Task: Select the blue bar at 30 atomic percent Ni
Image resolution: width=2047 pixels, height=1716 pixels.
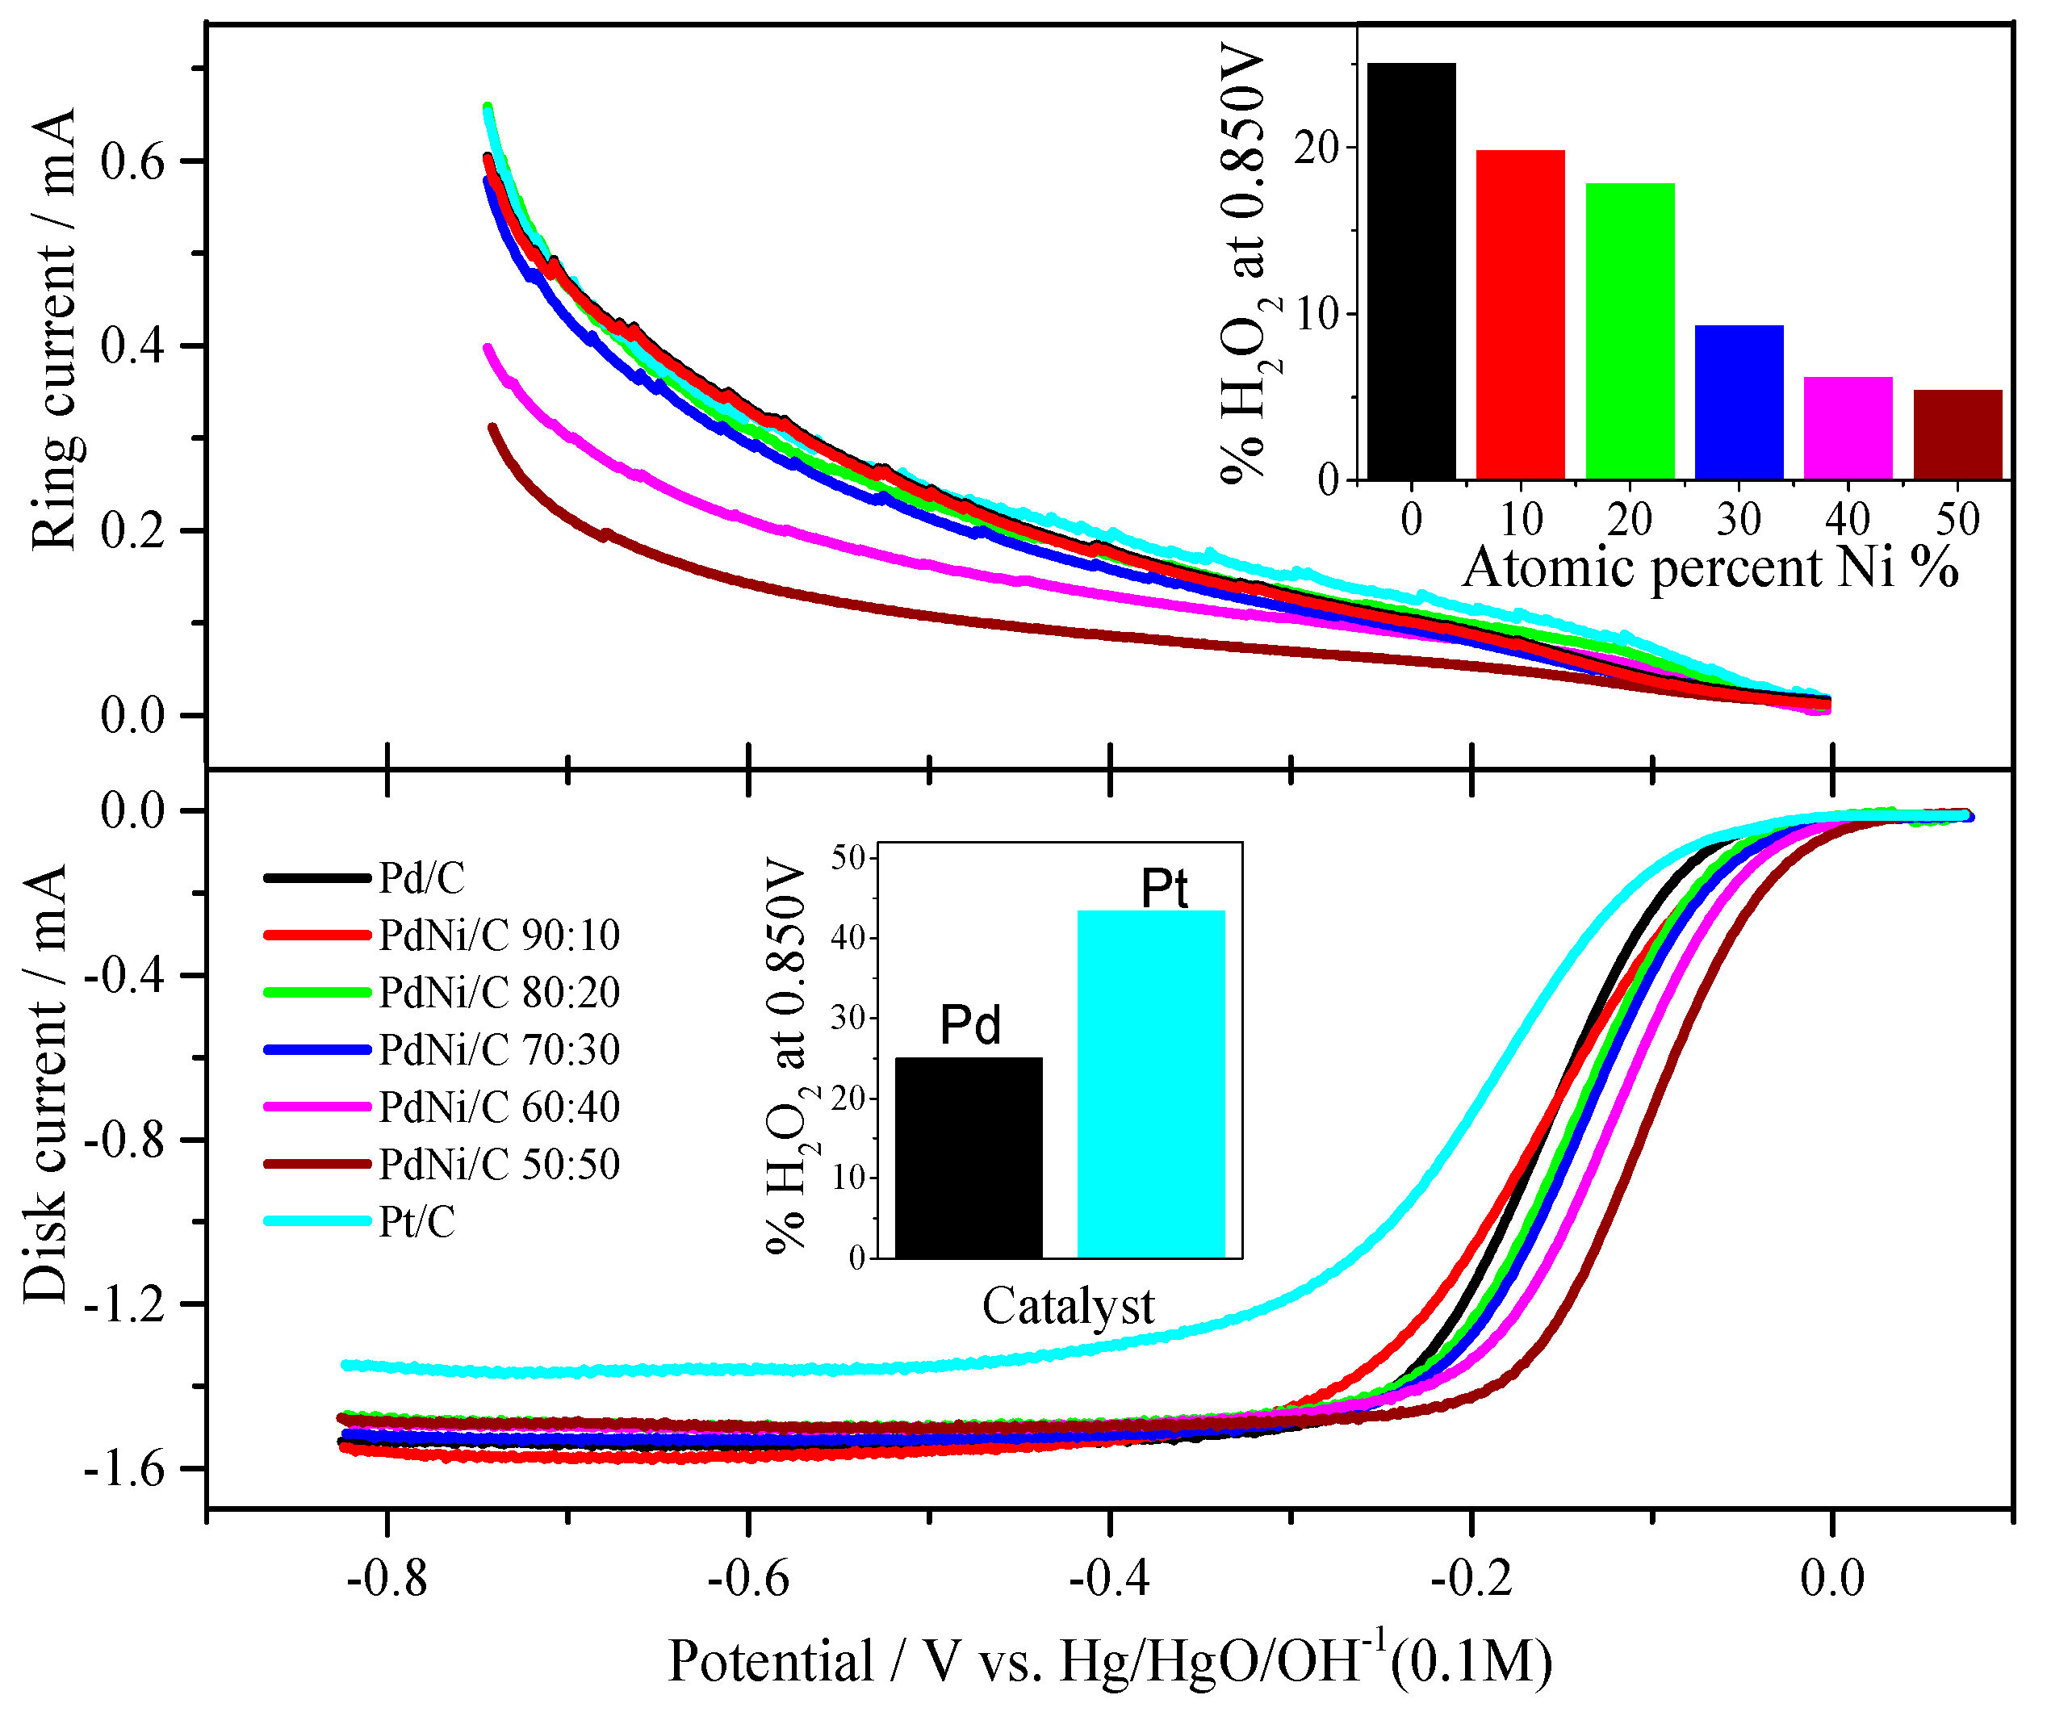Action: [1739, 402]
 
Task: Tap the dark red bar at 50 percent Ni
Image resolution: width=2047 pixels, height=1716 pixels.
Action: [1957, 435]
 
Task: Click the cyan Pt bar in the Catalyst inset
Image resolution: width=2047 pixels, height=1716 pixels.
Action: [1150, 1084]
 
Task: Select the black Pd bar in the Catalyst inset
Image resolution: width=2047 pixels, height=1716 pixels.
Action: [968, 1157]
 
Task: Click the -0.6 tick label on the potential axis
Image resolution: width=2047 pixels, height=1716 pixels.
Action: [747, 1577]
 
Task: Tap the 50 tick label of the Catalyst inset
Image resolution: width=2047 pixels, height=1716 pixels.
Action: [848, 858]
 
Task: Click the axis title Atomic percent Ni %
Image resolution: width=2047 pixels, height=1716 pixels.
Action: [1710, 567]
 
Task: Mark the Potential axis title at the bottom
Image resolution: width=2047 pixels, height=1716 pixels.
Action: [1109, 1663]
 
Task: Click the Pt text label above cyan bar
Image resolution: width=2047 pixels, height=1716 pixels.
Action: [1164, 888]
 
